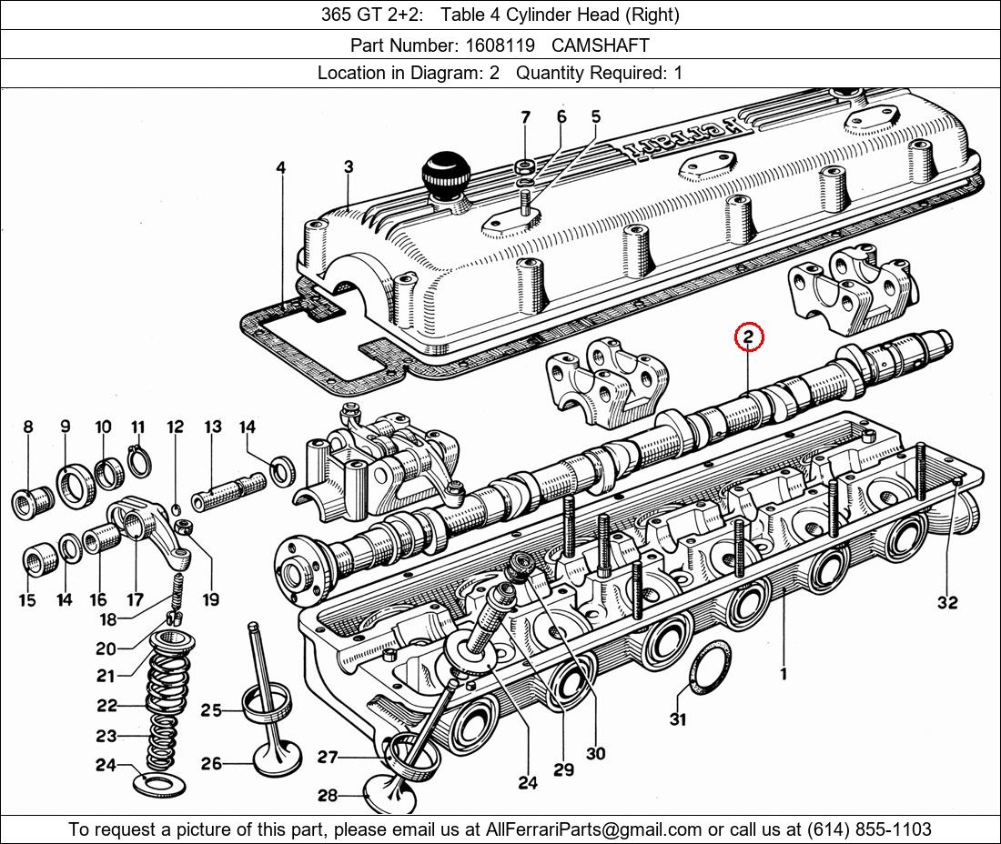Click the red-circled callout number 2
coord(748,337)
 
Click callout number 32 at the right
coord(946,602)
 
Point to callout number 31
coord(678,719)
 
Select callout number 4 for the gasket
coord(281,167)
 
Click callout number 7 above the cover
coord(525,117)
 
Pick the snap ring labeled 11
coord(138,462)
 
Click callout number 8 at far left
coord(27,427)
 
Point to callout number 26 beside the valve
coord(211,764)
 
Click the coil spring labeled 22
coord(166,705)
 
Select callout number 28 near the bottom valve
coord(328,796)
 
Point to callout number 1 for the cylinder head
coord(783,674)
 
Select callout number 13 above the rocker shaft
coord(212,427)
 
